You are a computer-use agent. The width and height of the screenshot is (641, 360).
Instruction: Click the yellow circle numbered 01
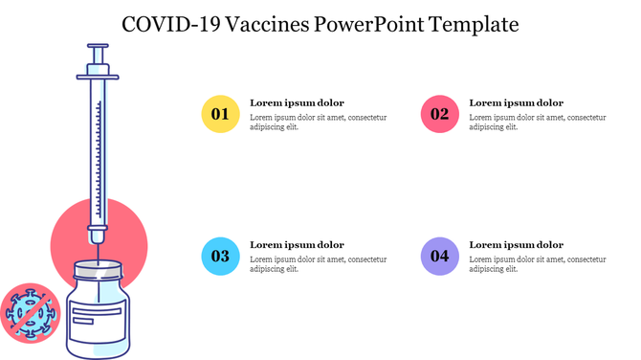point(220,114)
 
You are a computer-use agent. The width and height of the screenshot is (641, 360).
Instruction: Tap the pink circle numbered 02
point(439,114)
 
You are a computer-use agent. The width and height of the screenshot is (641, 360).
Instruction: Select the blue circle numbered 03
point(220,256)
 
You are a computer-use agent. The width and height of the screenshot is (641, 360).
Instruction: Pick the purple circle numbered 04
point(439,256)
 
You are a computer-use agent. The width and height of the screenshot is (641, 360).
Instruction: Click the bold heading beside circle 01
point(297,102)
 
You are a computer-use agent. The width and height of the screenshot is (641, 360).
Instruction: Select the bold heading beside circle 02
point(516,102)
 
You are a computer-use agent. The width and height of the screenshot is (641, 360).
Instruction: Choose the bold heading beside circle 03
point(297,244)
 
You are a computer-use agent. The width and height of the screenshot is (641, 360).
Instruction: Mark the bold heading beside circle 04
point(516,244)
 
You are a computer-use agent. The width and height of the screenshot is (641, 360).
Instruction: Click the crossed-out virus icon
point(30,312)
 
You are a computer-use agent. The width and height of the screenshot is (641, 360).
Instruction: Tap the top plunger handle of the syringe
point(98,45)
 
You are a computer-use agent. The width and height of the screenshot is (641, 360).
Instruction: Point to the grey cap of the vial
point(98,271)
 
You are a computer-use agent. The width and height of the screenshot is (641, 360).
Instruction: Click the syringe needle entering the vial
point(98,251)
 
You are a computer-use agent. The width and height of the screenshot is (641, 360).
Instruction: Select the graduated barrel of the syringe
point(98,153)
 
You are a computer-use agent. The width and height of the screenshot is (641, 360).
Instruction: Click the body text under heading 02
point(537,122)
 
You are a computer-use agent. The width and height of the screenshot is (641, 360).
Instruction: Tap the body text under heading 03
point(318,263)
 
